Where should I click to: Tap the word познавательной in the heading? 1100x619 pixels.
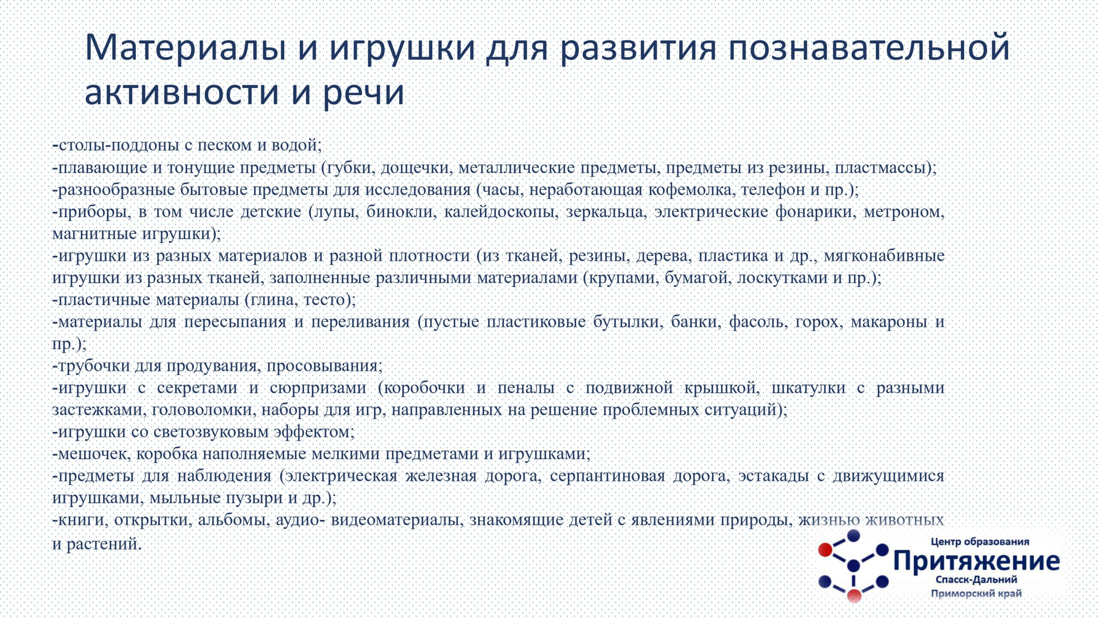pos(868,47)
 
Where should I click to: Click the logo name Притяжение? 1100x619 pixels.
pos(977,561)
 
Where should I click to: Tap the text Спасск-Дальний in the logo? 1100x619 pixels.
pos(976,579)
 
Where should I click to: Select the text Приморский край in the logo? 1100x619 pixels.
pos(976,594)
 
